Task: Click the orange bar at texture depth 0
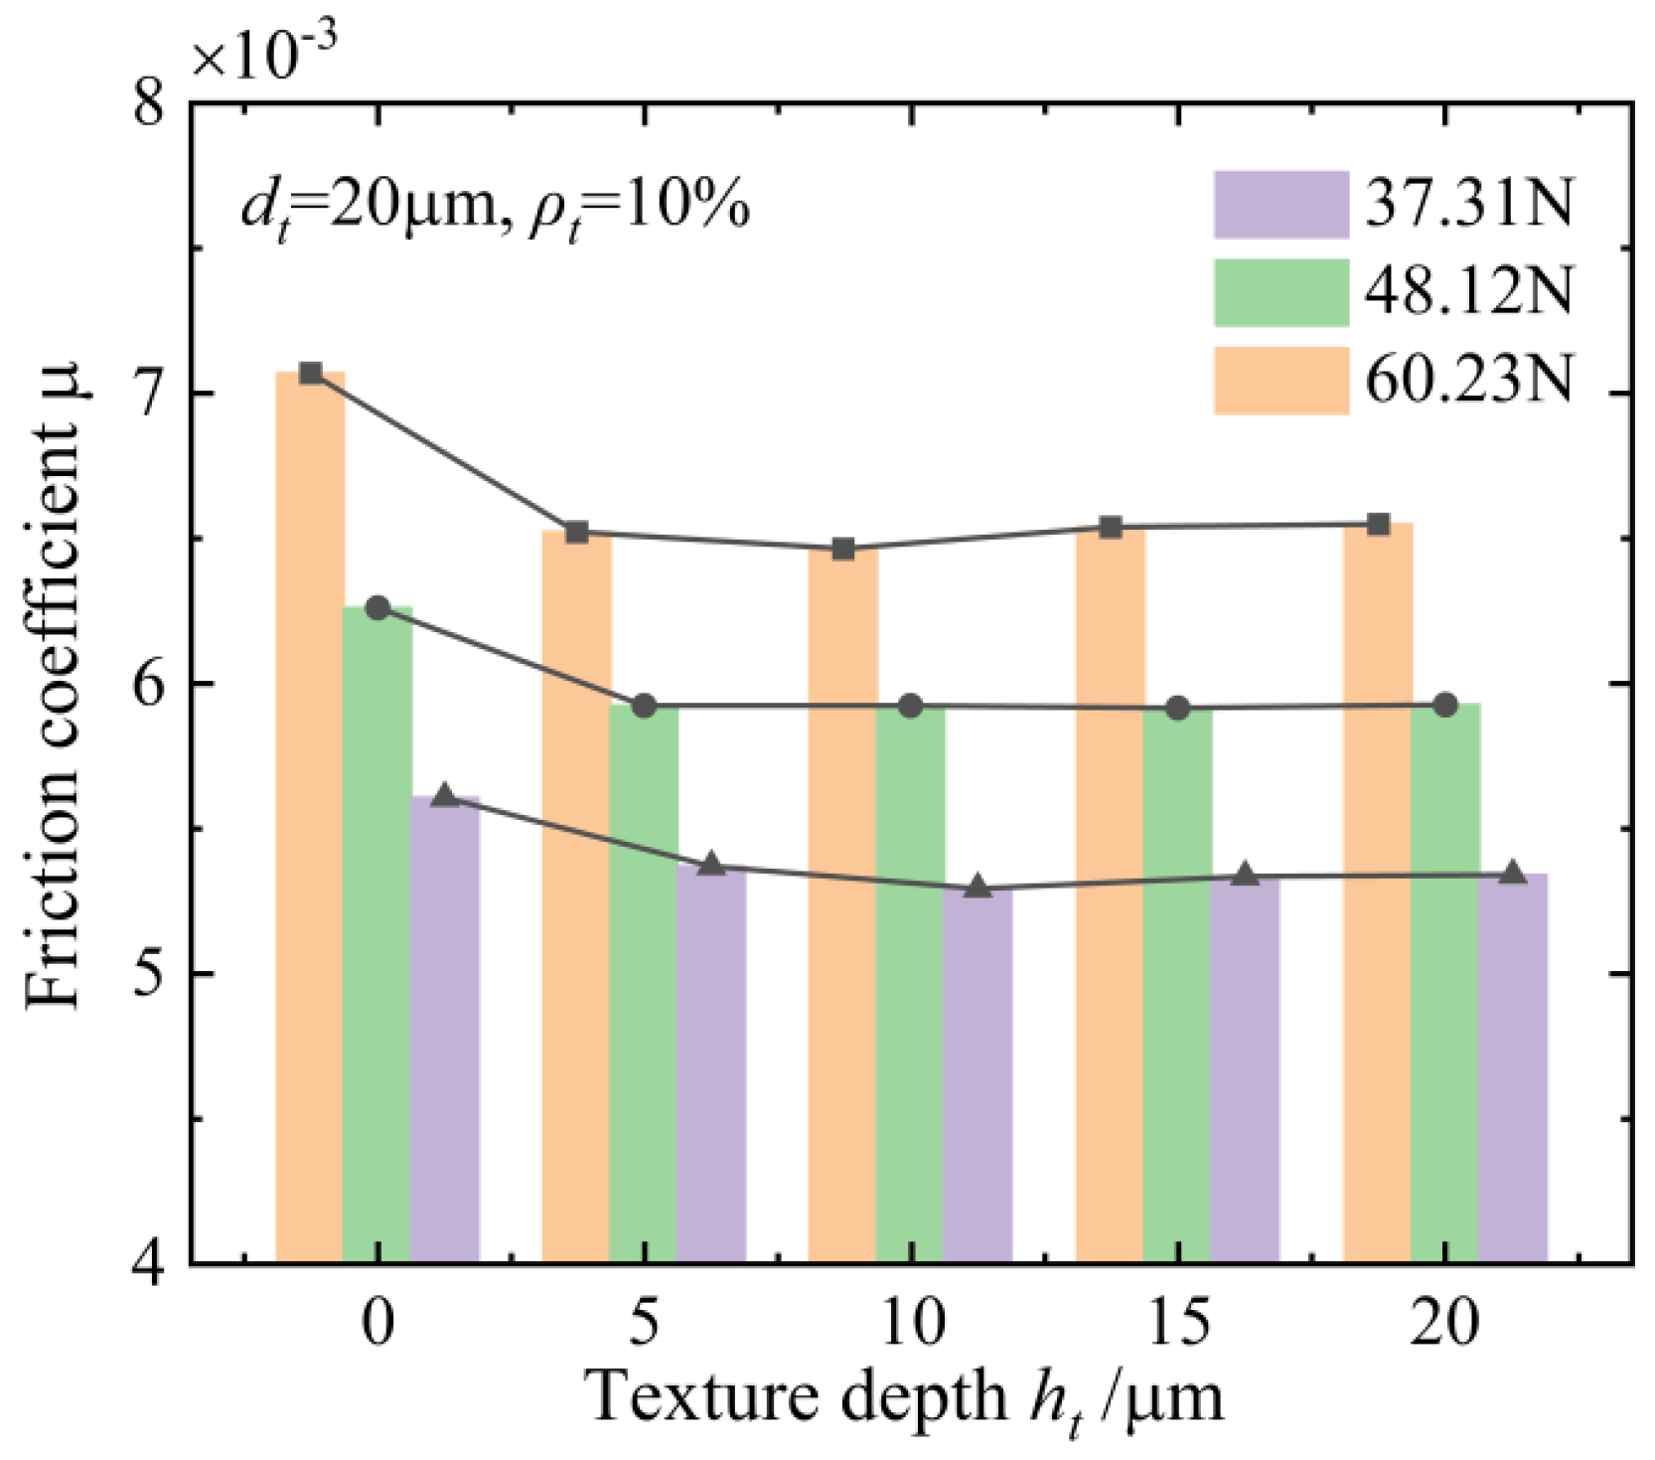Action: click(x=310, y=815)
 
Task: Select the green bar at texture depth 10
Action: click(x=910, y=984)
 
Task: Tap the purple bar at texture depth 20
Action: click(x=1513, y=1068)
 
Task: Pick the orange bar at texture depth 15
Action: click(x=1111, y=894)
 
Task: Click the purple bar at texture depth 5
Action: click(x=711, y=1063)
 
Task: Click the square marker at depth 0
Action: click(x=310, y=373)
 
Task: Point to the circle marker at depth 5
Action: click(x=645, y=706)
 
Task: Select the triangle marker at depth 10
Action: click(x=978, y=887)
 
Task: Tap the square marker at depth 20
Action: click(x=1378, y=524)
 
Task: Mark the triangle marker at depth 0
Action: click(x=444, y=795)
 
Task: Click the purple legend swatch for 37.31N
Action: click(x=1280, y=205)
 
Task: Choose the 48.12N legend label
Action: click(x=1468, y=292)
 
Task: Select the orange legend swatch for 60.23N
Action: click(x=1280, y=380)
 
